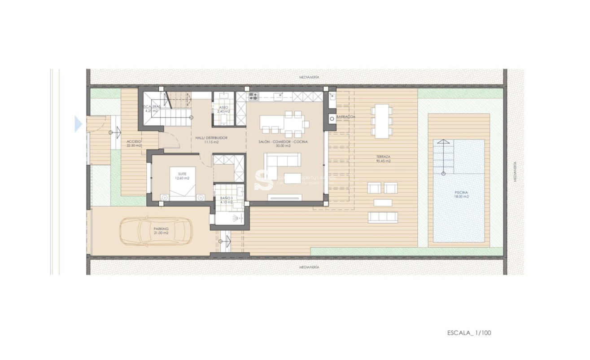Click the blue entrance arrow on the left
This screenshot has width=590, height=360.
(x=78, y=124)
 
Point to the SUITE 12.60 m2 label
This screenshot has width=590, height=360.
(x=182, y=176)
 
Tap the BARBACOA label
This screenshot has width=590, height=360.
(x=346, y=117)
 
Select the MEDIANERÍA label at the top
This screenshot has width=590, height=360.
(x=310, y=77)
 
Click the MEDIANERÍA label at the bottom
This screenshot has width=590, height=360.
(x=310, y=267)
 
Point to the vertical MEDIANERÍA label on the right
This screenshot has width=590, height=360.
(x=515, y=171)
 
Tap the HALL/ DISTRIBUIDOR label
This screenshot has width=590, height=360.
(x=211, y=140)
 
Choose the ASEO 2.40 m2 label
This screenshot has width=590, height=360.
(x=223, y=109)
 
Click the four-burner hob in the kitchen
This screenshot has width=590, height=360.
(x=253, y=96)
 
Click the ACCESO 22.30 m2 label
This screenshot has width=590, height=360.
(x=134, y=143)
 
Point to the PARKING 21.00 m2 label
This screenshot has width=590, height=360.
(x=161, y=231)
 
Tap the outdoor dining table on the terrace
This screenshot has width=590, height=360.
(x=382, y=121)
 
